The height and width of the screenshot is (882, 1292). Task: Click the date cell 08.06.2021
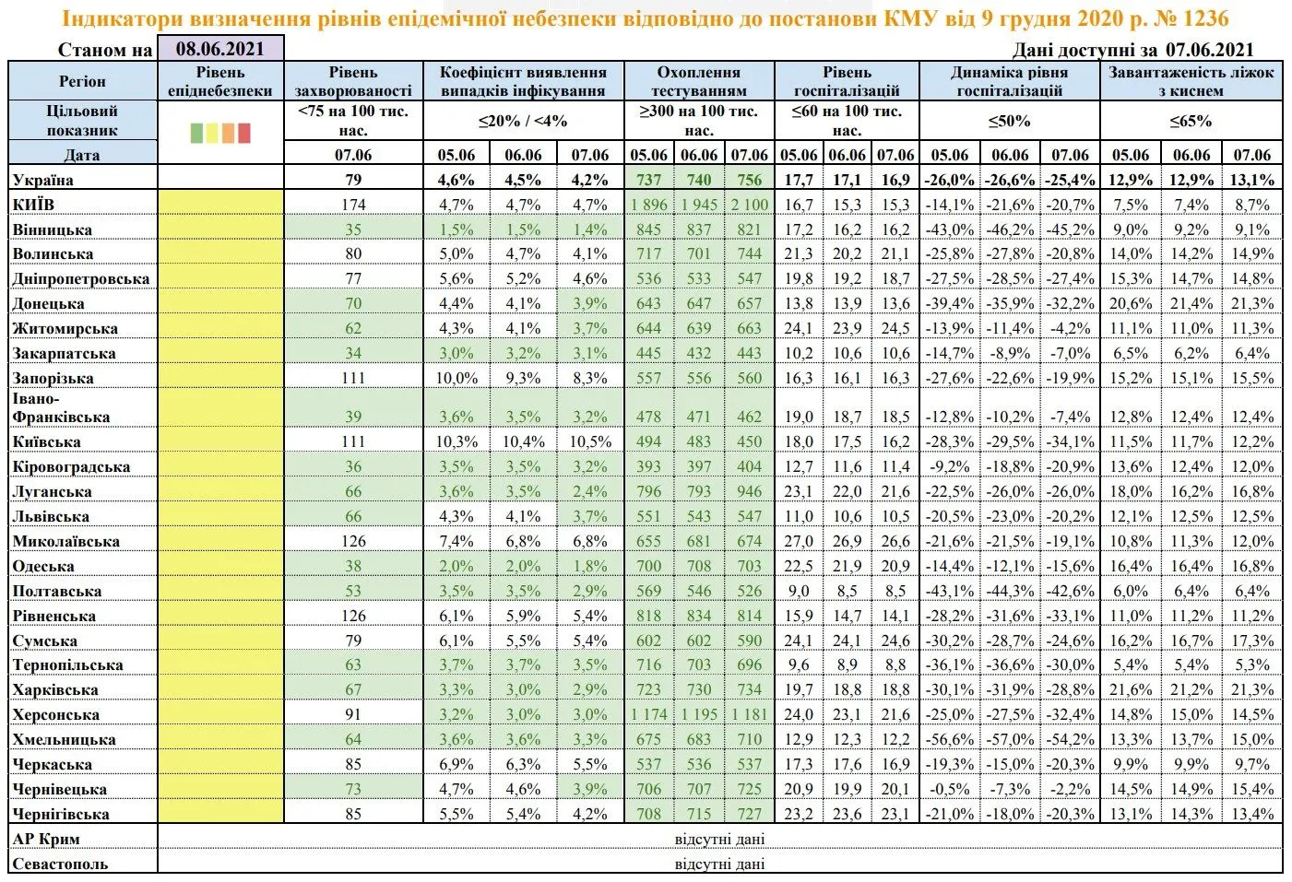[219, 50]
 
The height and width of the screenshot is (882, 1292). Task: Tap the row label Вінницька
[53, 229]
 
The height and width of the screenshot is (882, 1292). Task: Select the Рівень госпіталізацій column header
[847, 81]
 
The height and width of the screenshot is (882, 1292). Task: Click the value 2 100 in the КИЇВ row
[749, 205]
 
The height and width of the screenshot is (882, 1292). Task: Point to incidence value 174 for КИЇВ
[353, 205]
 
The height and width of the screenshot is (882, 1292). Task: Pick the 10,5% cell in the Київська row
[589, 441]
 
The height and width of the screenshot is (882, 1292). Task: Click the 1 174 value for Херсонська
[648, 714]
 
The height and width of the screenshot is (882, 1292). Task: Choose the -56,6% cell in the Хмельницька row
[950, 739]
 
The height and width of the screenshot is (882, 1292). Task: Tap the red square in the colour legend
[244, 133]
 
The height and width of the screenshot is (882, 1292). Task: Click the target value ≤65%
[1191, 121]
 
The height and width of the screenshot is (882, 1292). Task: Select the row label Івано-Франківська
[61, 407]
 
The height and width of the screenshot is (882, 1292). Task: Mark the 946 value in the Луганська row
[749, 491]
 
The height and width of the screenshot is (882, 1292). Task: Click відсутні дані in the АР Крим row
[719, 839]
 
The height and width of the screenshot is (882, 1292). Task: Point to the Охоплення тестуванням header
[698, 81]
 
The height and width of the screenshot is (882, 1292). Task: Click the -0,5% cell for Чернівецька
[950, 789]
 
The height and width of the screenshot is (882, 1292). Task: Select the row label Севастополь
[60, 864]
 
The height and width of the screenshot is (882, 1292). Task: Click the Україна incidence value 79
[353, 180]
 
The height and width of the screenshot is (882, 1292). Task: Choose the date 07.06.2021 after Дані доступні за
[1209, 50]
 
